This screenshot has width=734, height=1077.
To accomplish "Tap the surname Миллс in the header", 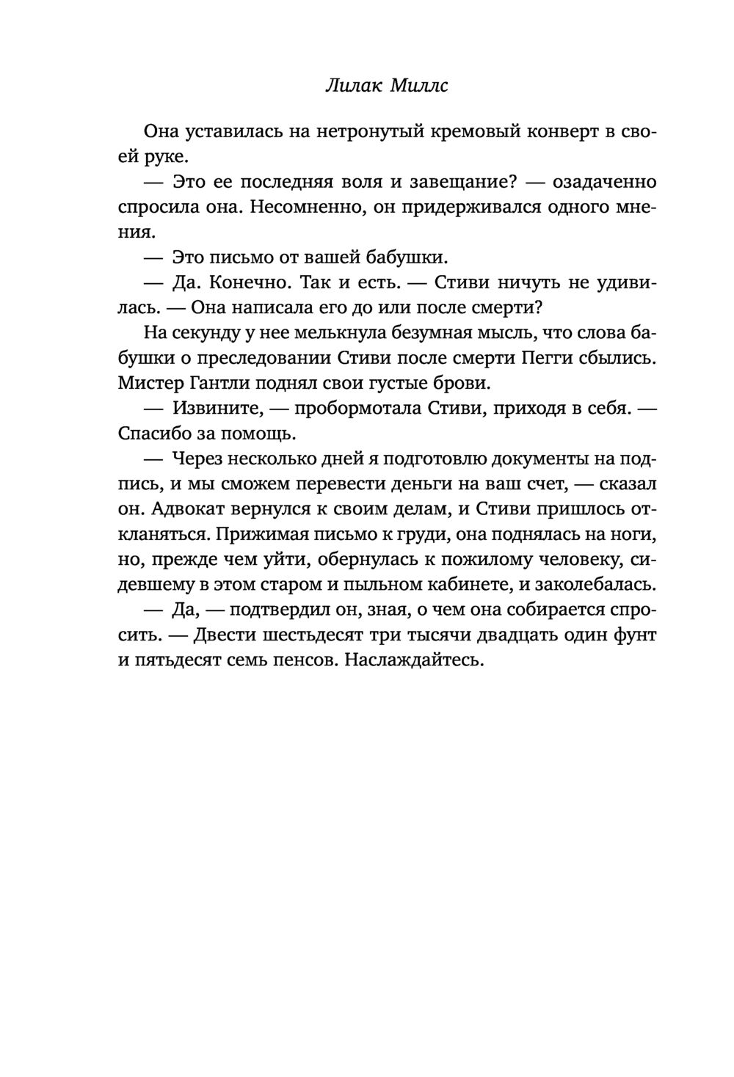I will click(x=419, y=87).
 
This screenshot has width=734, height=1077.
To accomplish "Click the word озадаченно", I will click(x=604, y=182).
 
